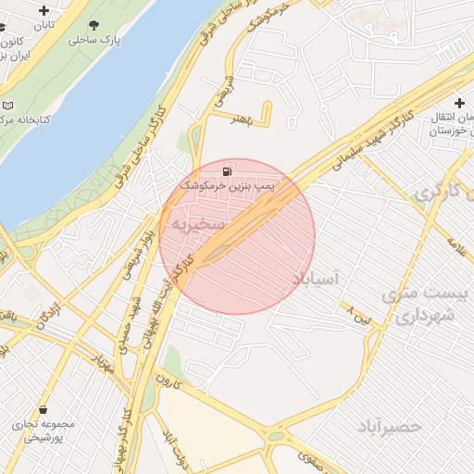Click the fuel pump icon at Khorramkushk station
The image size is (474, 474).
tap(228, 171)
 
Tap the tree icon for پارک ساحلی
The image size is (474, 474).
tap(94, 25)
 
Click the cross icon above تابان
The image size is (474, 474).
tap(44, 10)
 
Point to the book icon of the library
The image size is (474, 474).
tap(8, 106)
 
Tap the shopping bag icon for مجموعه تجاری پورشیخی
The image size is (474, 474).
tap(43, 409)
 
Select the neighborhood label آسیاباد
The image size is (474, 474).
tap(316, 278)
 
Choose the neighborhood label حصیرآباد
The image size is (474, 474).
tap(390, 426)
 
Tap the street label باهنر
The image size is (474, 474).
tap(243, 121)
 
